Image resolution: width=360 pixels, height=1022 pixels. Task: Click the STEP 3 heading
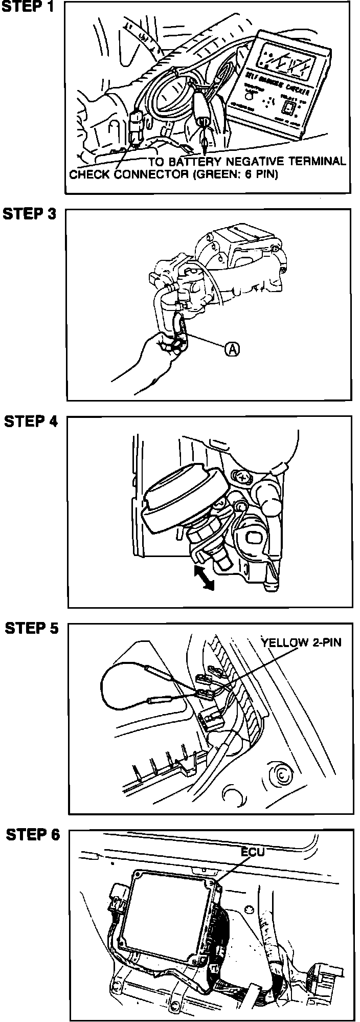pyautogui.click(x=30, y=214)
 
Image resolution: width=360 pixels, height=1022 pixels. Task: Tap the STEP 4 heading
pyautogui.click(x=30, y=421)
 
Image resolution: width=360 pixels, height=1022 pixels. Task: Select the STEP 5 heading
pyautogui.click(x=32, y=628)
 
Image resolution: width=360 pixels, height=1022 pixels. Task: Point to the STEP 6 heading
pyautogui.click(x=33, y=835)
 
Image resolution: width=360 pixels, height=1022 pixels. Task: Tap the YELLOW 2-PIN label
pyautogui.click(x=301, y=642)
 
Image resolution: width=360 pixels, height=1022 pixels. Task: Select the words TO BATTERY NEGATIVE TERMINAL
pyautogui.click(x=247, y=161)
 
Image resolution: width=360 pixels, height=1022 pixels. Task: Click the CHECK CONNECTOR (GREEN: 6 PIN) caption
pyautogui.click(x=173, y=174)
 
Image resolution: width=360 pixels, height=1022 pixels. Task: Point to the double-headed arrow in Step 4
pyautogui.click(x=204, y=577)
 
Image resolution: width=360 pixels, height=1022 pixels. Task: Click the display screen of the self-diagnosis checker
pyautogui.click(x=287, y=60)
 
